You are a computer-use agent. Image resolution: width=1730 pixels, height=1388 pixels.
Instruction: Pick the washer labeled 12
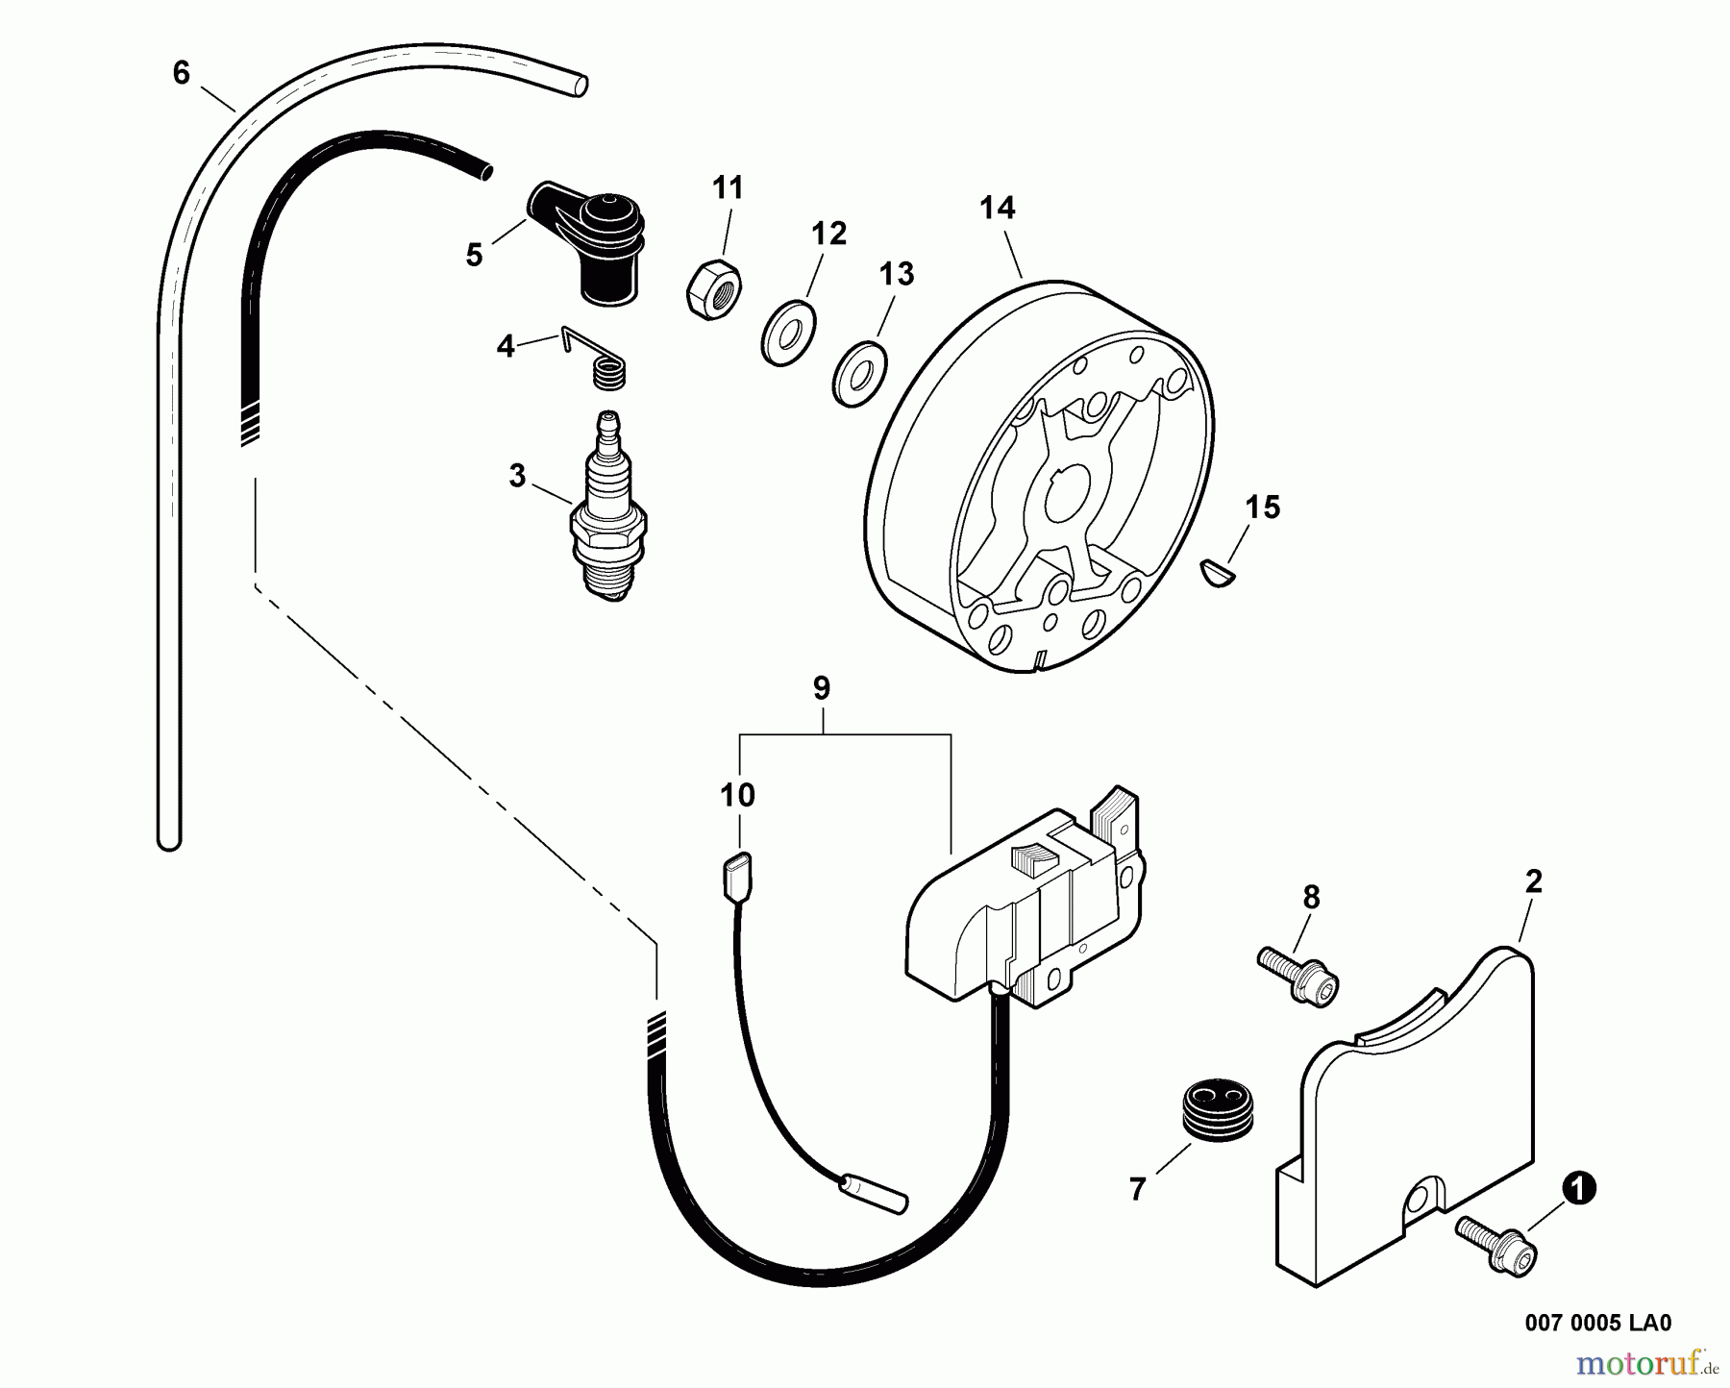tap(787, 333)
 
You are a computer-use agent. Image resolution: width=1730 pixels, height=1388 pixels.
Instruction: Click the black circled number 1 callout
tap(1578, 1190)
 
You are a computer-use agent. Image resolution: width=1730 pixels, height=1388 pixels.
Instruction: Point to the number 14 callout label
tap(998, 209)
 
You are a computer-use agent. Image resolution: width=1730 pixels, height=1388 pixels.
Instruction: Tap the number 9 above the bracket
tap(821, 688)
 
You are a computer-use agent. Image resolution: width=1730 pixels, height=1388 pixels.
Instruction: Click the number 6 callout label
tap(181, 73)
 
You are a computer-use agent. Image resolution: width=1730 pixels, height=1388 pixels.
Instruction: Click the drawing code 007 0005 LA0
tap(1597, 1323)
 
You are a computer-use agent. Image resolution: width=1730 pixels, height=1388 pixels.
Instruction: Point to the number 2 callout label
tap(1534, 880)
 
